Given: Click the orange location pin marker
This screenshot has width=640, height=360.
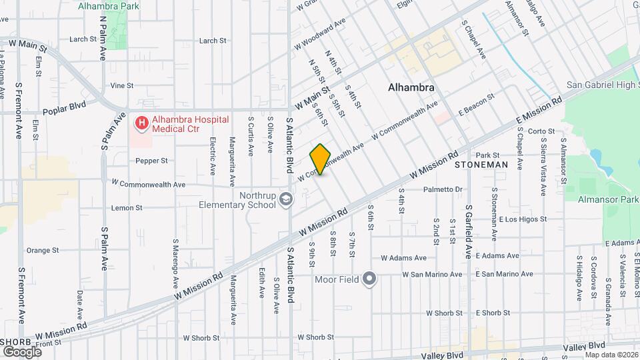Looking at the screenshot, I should [321, 159].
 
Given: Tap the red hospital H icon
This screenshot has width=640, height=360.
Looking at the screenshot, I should [141, 123].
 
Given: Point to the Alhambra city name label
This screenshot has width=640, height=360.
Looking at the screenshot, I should [411, 87].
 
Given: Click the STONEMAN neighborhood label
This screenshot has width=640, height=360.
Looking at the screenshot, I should [481, 164].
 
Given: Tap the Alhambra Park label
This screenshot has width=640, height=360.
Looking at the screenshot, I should [103, 6].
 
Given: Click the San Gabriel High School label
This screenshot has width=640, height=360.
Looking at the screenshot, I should [602, 85].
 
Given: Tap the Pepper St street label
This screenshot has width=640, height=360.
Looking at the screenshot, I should [151, 161].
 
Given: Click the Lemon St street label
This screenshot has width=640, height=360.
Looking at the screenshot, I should [127, 208].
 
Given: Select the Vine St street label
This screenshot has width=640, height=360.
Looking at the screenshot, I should [122, 85].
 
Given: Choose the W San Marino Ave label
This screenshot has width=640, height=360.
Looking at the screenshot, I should [432, 274].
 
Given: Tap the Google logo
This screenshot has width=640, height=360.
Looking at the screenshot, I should [22, 351].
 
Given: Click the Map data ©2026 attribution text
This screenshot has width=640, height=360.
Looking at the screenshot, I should [611, 354].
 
